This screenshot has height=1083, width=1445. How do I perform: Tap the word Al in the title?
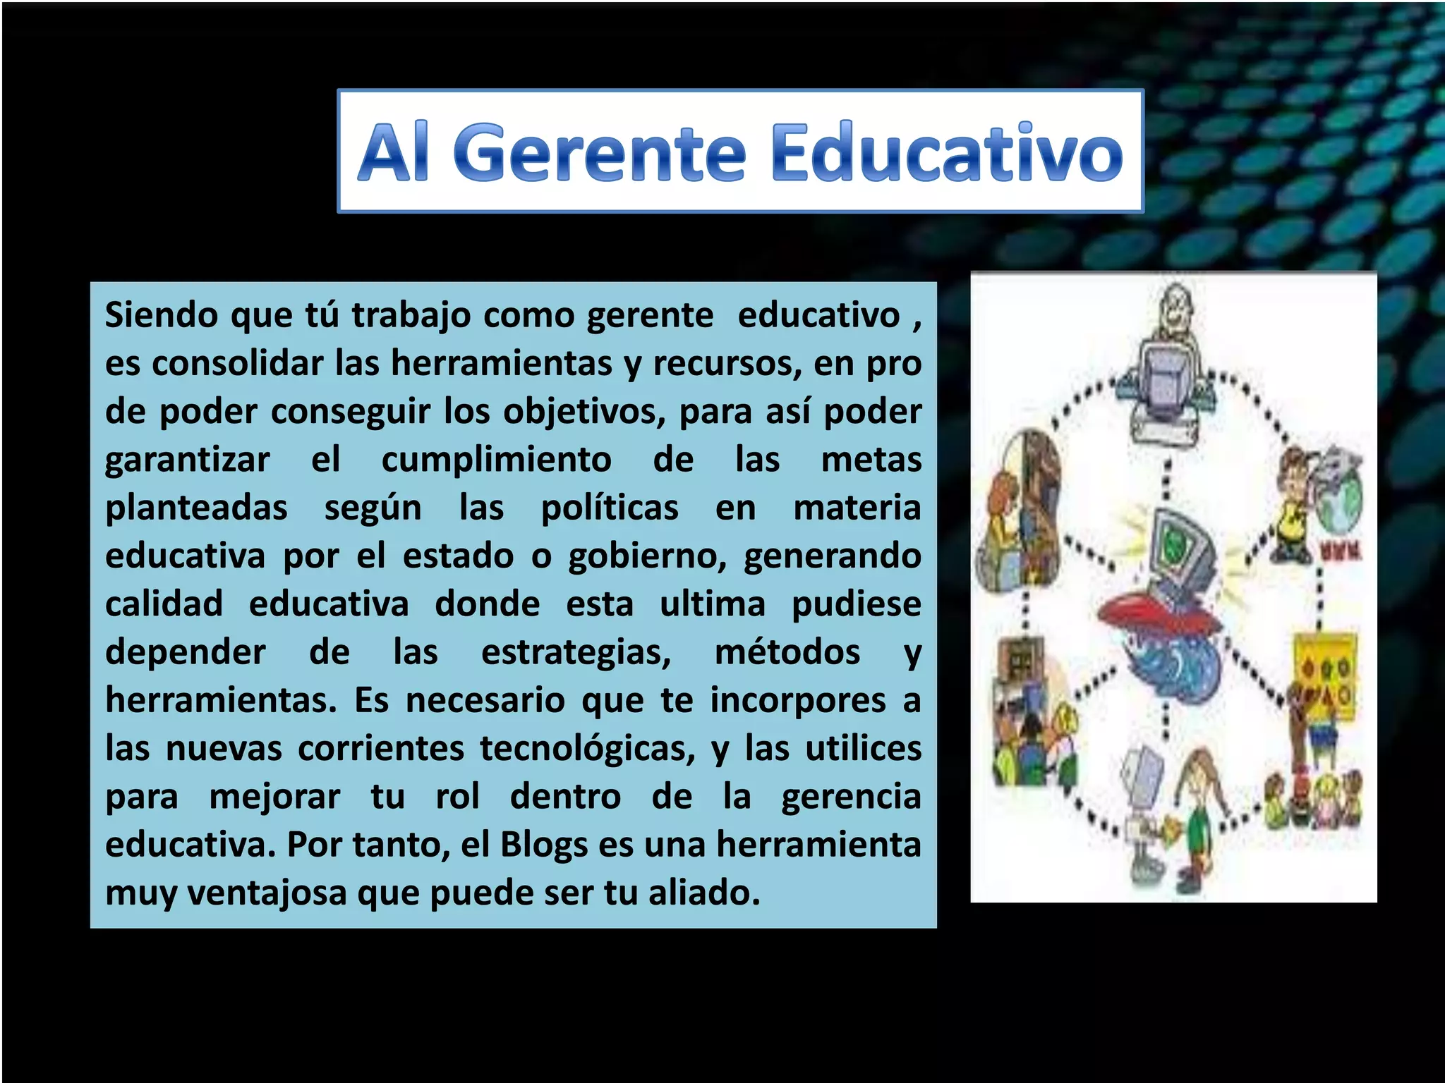coord(393,152)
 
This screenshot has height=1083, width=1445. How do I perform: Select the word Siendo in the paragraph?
coord(162,314)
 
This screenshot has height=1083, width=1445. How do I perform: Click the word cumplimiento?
coord(496,460)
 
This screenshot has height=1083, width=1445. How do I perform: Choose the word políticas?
coord(610,508)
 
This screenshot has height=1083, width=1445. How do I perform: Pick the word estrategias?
coord(576,652)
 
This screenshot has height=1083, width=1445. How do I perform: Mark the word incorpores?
coord(797,700)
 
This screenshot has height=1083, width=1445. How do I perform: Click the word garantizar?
coord(187,460)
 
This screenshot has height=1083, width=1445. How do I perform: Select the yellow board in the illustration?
coord(1324,673)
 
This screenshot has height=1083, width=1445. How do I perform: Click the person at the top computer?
coord(1175,310)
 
